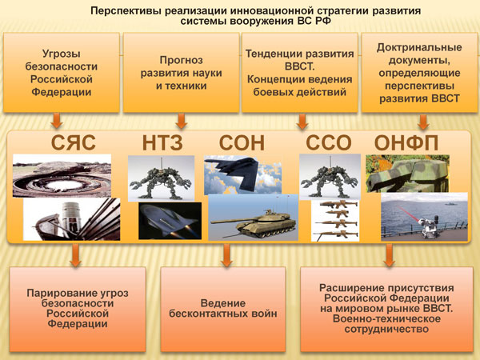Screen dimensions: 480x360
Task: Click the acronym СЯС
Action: pos(73,142)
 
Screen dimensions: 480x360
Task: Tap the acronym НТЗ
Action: pos(162,142)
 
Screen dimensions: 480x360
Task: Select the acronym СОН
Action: pos(242,142)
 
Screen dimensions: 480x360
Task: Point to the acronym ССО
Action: pos(329,142)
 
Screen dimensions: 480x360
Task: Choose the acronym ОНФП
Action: pos(406,142)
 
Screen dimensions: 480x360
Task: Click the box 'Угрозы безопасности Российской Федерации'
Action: pos(62,73)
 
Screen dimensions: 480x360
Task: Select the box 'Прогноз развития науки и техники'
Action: pos(181,73)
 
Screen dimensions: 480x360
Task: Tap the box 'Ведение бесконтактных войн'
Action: pos(223,309)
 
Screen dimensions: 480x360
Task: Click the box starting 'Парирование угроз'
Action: pos(78,309)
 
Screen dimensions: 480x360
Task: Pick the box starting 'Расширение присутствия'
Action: pos(386,309)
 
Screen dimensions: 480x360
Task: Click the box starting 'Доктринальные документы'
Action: pos(419,73)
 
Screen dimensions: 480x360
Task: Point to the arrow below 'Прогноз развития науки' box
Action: pos(182,122)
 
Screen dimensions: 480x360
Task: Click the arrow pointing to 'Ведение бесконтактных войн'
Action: pos(226,255)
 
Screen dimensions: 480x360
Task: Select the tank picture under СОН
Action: pos(253,218)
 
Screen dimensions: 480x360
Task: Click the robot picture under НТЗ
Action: pos(161,178)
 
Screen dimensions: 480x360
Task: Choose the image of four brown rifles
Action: pos(335,221)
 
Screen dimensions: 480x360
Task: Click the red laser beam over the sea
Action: pos(410,214)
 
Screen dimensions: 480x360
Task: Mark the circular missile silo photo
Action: pos(62,176)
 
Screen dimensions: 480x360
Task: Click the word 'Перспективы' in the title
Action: pos(126,11)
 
